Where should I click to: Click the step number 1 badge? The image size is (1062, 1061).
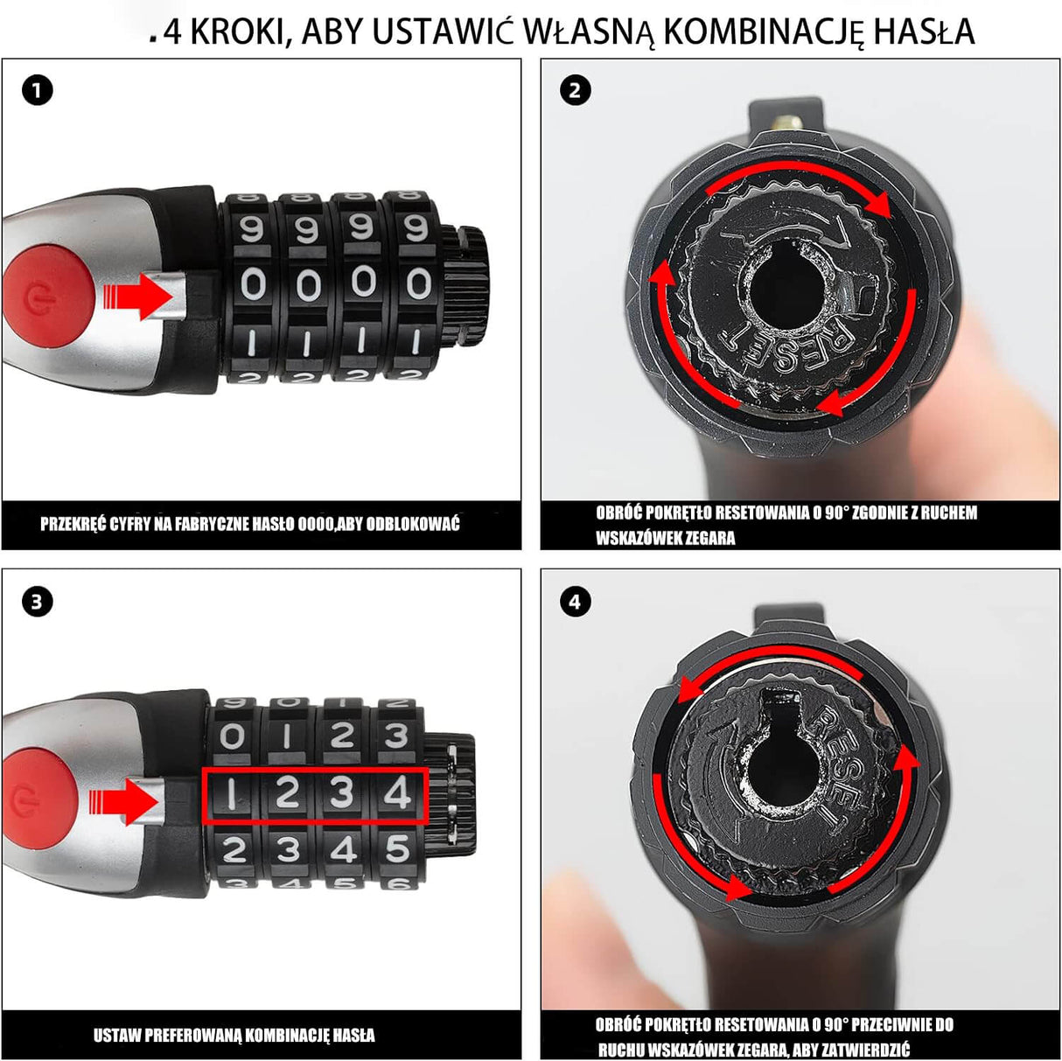[37, 90]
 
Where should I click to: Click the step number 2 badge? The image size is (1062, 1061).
[575, 90]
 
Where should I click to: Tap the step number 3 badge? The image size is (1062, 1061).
[37, 602]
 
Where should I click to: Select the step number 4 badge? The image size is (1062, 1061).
[575, 602]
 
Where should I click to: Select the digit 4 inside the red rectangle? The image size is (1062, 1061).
[397, 793]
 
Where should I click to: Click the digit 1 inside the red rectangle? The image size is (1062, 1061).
[231, 793]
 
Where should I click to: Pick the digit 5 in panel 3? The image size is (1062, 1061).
[398, 848]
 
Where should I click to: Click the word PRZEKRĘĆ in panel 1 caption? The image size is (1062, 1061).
[73, 524]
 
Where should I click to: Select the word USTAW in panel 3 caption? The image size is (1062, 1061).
[117, 1036]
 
